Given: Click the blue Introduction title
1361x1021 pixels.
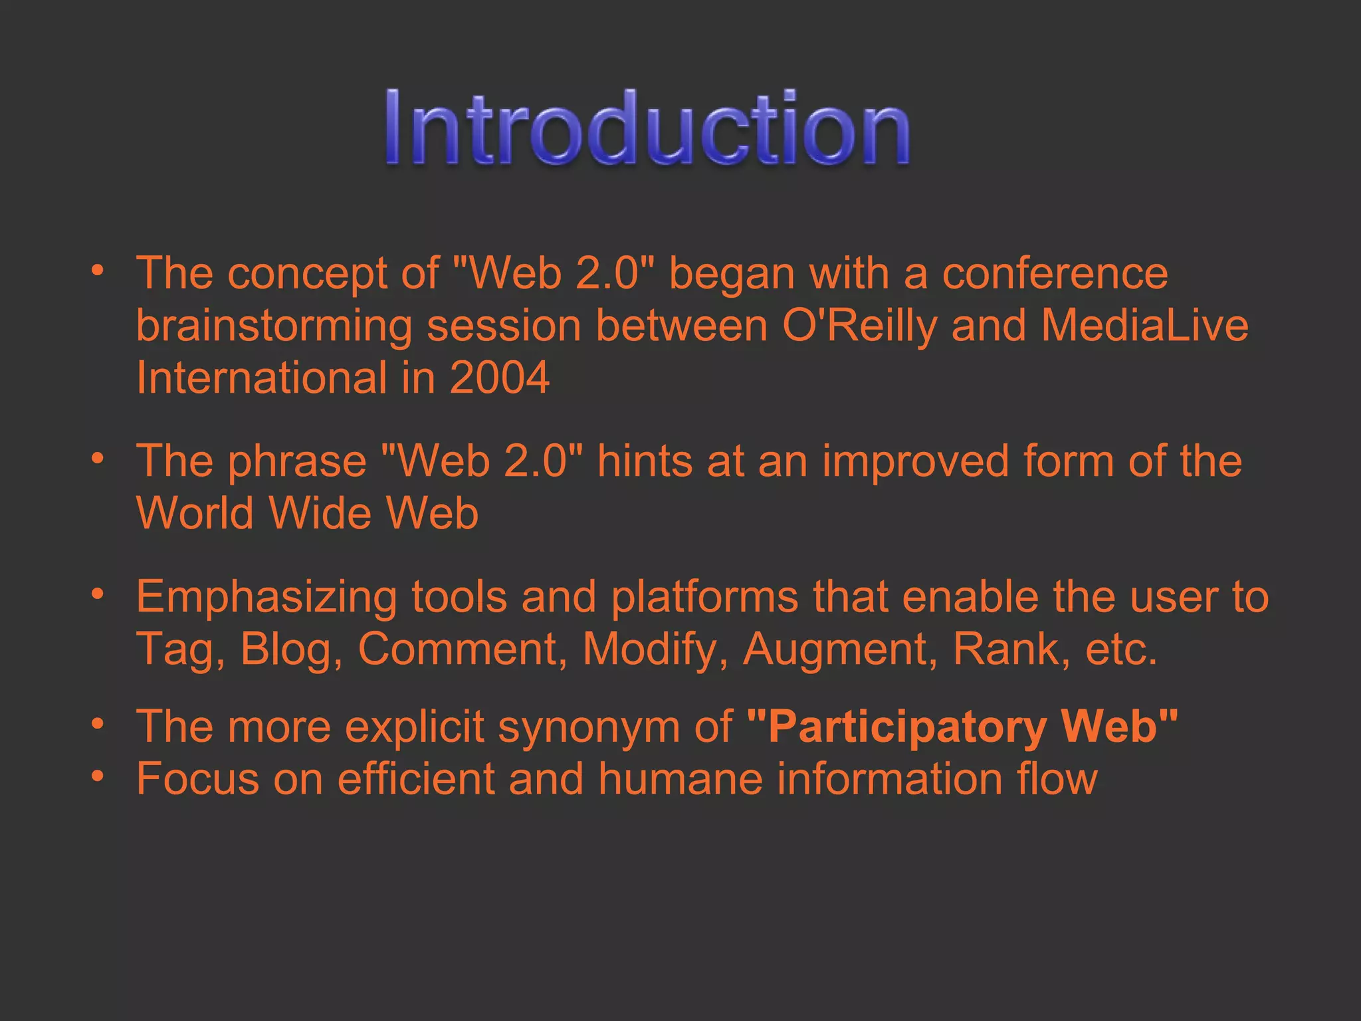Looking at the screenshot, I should (x=647, y=127).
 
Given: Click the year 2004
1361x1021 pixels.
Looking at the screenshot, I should (x=499, y=378).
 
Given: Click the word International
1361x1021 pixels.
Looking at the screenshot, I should (x=261, y=378).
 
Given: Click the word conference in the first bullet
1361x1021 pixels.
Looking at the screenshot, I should (x=1055, y=273).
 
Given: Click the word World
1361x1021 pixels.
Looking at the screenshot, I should (x=195, y=513).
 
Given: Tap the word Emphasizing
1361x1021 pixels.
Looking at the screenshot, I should (x=266, y=597).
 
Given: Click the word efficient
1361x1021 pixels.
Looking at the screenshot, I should (x=416, y=778).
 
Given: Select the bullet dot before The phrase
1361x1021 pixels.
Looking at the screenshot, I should (x=98, y=458).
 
